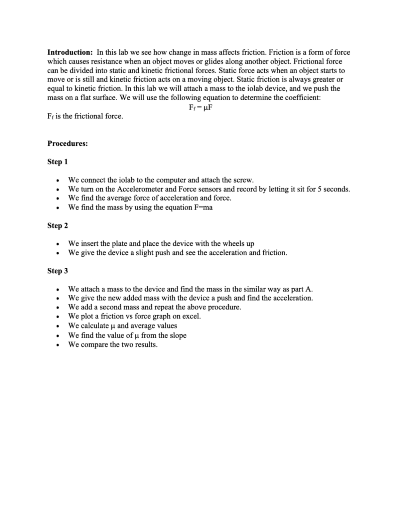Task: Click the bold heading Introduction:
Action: pyautogui.click(x=70, y=52)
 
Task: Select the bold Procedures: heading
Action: pyautogui.click(x=68, y=144)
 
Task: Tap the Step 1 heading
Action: pyautogui.click(x=57, y=162)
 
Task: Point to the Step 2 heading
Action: pyautogui.click(x=57, y=226)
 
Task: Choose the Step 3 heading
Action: pyautogui.click(x=57, y=271)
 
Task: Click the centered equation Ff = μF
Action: pyautogui.click(x=200, y=107)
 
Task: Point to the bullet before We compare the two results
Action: pyautogui.click(x=58, y=345)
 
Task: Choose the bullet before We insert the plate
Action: pyautogui.click(x=58, y=244)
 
